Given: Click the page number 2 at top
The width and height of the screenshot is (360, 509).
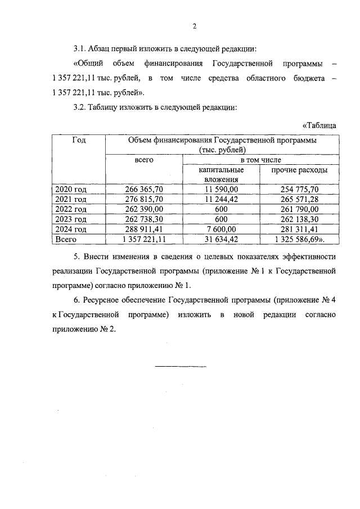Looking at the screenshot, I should [x=194, y=26].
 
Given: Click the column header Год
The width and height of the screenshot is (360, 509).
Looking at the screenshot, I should [x=79, y=141].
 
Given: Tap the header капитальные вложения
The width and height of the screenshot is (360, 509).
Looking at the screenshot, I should [x=221, y=174].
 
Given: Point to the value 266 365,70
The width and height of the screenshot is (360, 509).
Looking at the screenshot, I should [x=143, y=189].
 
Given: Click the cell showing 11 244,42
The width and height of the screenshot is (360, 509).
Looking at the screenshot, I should [x=221, y=199].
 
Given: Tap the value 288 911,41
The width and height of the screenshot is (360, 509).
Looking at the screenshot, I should [x=143, y=229].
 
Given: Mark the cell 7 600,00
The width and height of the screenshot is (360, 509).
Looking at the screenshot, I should [x=221, y=229].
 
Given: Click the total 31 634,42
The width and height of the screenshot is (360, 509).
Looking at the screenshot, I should [x=221, y=239].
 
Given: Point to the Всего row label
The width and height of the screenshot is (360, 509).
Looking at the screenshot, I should [x=66, y=239].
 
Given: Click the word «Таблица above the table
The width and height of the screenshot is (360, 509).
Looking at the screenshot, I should [x=319, y=125].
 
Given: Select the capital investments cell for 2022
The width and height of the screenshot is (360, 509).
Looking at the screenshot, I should [x=221, y=209].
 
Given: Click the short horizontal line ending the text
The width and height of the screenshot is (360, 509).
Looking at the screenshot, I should [x=181, y=367].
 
